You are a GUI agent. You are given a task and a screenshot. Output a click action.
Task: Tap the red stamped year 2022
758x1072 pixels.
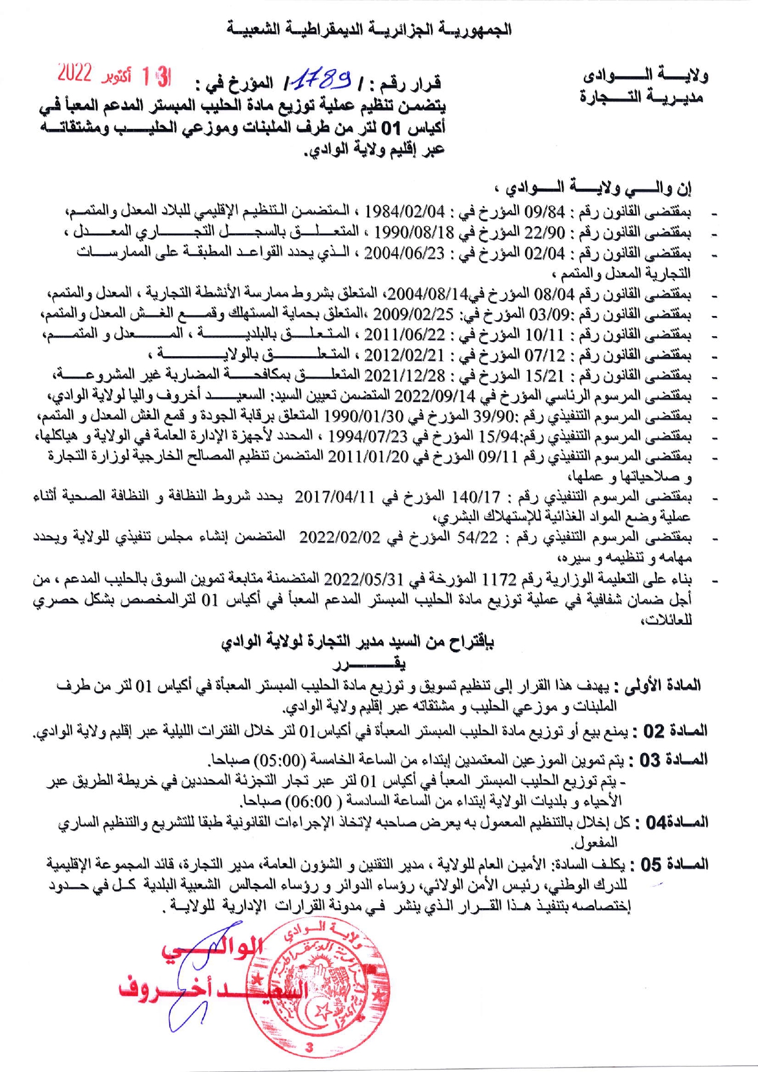(74, 74)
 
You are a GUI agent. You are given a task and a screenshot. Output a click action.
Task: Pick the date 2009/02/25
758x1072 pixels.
(413, 315)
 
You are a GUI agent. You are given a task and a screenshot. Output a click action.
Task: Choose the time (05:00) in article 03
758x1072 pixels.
(281, 760)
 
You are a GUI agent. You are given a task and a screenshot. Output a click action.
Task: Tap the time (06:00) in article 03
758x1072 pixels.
(309, 801)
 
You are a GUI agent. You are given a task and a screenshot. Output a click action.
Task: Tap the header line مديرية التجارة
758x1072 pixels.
(641, 97)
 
